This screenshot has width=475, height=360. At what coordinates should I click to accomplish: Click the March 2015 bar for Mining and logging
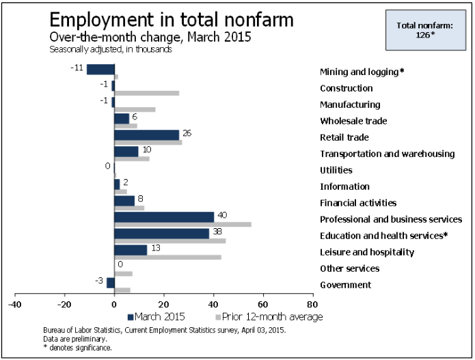click(100, 69)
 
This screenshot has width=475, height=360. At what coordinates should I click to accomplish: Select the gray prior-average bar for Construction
click(147, 92)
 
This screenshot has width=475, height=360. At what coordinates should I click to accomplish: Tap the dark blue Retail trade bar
click(146, 135)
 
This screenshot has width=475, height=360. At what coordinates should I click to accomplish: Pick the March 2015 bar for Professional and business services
click(164, 217)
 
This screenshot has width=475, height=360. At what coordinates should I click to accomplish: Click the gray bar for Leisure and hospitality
click(167, 257)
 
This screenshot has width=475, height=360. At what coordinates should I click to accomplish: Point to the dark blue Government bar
click(110, 282)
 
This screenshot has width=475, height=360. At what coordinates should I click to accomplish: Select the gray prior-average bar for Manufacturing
click(135, 109)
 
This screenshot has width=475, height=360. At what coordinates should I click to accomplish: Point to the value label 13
click(157, 248)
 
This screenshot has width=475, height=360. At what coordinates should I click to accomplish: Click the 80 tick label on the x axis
click(312, 305)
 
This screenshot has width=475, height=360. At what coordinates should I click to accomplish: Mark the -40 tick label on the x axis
click(14, 305)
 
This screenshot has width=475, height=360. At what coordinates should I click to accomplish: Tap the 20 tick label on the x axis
click(163, 305)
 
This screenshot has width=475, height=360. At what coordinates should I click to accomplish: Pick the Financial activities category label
click(358, 203)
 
